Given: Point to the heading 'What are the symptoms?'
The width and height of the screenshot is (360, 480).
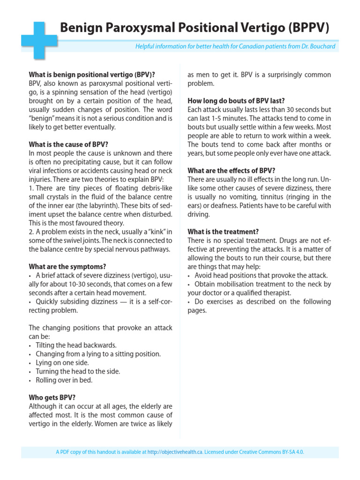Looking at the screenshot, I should click(x=67, y=267).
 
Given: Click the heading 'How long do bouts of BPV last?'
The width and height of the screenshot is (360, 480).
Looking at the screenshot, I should click(x=236, y=101).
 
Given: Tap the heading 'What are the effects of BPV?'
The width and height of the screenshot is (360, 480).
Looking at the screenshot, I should click(x=232, y=171).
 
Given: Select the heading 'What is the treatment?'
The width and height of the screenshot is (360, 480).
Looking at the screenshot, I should click(x=223, y=232).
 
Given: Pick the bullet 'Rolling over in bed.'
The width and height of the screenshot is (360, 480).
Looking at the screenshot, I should click(x=64, y=380).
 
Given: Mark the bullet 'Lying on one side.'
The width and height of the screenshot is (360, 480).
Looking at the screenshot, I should click(x=62, y=363).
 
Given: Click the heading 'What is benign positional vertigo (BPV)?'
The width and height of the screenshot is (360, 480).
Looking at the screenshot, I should click(x=92, y=75).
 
